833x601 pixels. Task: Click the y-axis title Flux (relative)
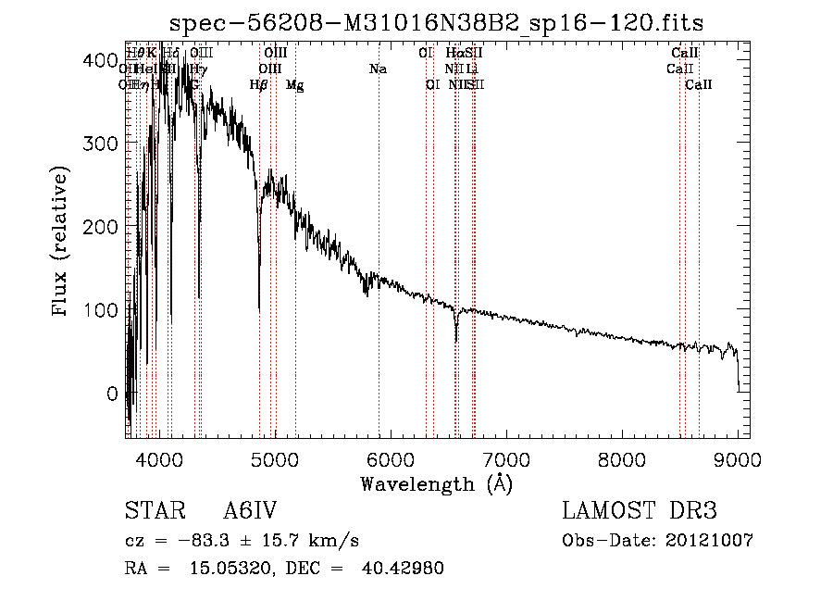point(61,244)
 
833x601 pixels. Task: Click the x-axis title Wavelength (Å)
point(436,483)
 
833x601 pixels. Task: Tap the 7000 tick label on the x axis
point(505,459)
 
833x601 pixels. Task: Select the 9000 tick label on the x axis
point(738,459)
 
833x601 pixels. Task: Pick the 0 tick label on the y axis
point(112,393)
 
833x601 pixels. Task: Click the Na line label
point(378,69)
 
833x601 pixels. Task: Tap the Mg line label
point(294,85)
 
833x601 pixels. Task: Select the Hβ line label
point(259,85)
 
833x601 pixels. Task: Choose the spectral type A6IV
point(250,511)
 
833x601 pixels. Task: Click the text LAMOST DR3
point(640,511)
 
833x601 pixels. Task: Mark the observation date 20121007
point(714,540)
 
